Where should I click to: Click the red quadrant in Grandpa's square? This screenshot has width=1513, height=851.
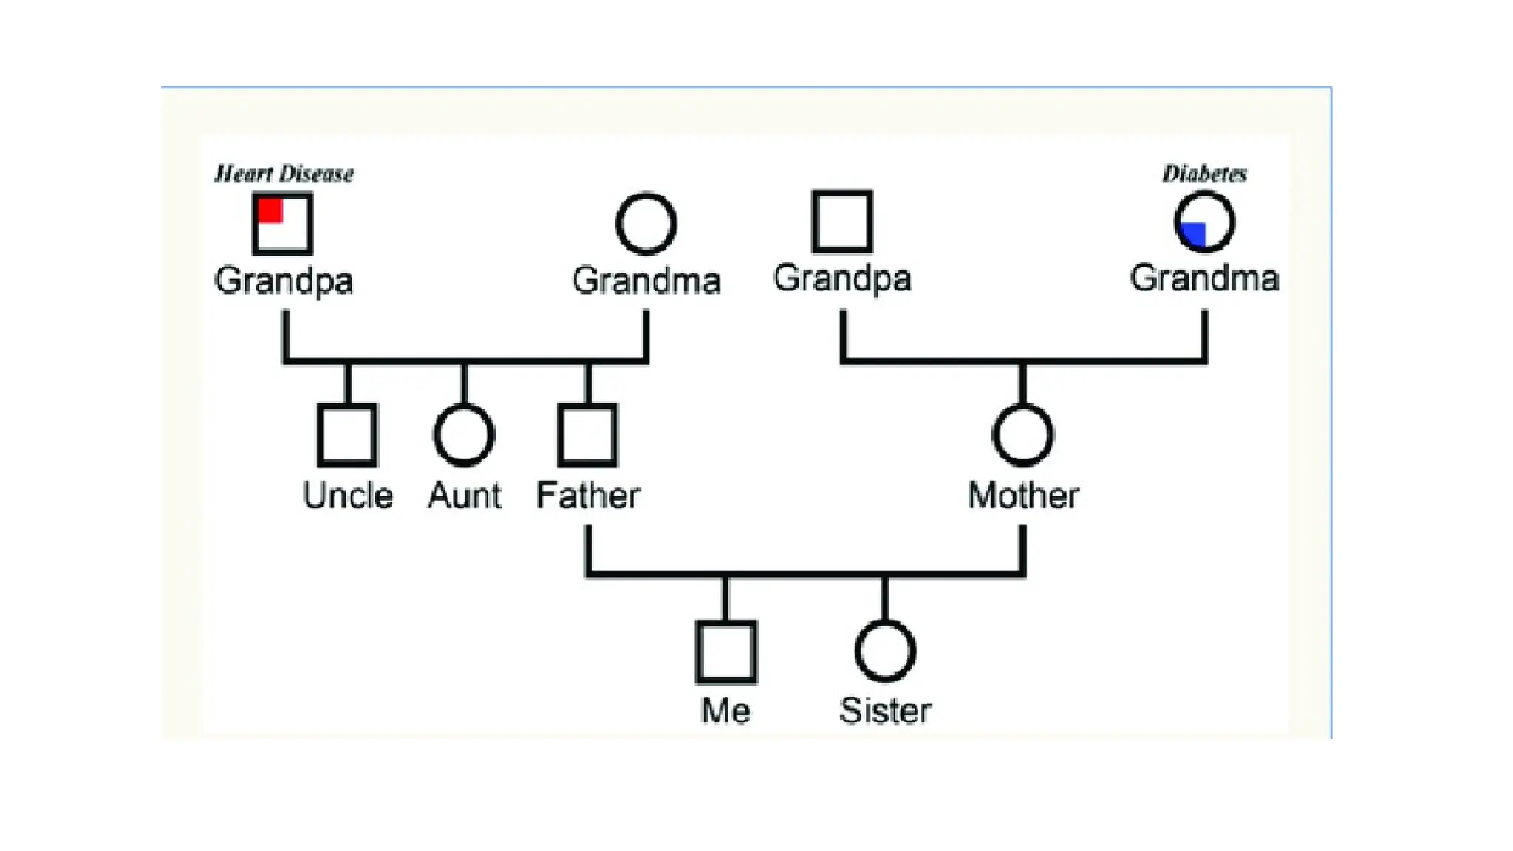pos(270,211)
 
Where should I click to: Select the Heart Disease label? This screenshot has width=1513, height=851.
pos(284,174)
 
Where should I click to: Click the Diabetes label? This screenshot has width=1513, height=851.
pos(1204,174)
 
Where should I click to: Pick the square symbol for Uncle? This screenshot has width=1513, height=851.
pos(347,435)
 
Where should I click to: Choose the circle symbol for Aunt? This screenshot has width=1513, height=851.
pos(464,435)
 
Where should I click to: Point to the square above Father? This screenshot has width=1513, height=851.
pos(587,435)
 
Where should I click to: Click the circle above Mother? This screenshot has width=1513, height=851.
pos(1022,435)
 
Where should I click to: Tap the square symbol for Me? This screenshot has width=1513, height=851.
pos(726,652)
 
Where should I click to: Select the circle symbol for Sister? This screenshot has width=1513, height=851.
pos(885,651)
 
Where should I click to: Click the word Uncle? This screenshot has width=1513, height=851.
pos(347,496)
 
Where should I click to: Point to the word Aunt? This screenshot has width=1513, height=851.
pos(465,496)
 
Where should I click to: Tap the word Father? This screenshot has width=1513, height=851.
pos(588,496)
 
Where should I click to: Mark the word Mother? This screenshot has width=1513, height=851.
pos(1023,496)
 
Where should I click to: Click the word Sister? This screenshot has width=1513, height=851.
pos(885,711)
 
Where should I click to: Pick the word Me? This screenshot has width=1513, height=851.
pos(725,711)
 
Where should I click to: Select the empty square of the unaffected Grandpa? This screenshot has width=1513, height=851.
pos(842,222)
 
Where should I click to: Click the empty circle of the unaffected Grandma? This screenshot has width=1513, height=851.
pos(646,223)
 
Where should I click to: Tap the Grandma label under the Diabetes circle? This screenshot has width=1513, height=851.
pos(1204,278)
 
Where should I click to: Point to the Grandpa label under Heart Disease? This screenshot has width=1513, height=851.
pos(284,281)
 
